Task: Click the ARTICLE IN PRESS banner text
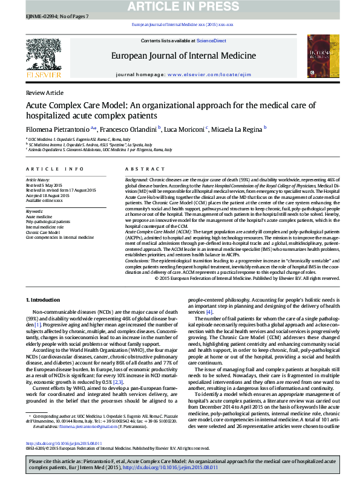pos(180,6)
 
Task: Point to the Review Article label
pos(44,92)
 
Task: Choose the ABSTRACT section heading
pos(141,170)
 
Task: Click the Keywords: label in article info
pos(34,211)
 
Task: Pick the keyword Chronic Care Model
pos(42,232)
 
